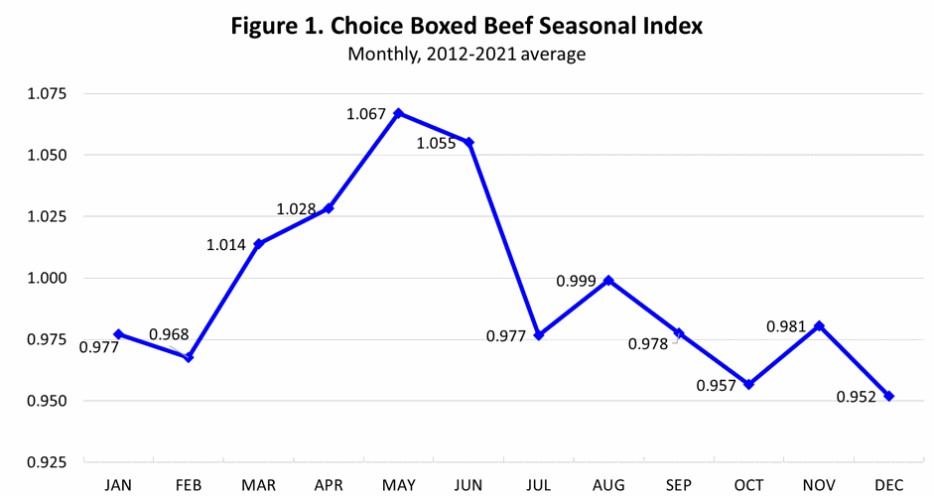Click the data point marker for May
point(399,113)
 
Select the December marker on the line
point(888,396)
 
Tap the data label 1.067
point(366,114)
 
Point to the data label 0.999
point(576,281)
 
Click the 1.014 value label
point(226,245)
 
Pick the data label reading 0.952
point(858,397)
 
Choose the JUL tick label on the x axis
point(538,484)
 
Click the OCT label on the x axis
point(748,484)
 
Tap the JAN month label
point(118,484)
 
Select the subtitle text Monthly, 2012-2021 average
point(467,55)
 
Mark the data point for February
point(189,357)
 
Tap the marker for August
point(608,281)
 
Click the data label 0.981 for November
point(786,325)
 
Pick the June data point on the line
point(469,142)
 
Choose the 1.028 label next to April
point(296,209)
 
